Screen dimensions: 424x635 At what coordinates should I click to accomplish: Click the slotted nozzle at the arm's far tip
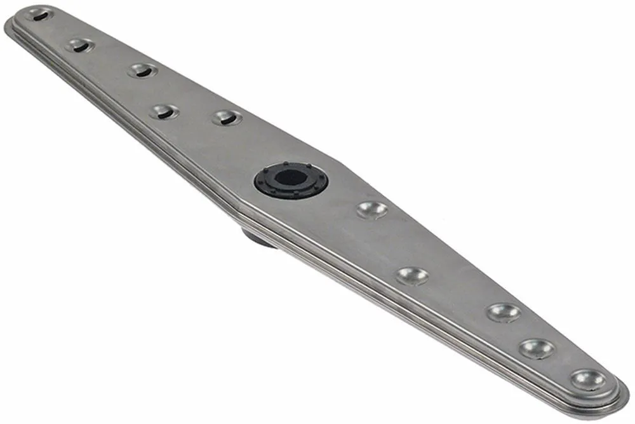[39, 14]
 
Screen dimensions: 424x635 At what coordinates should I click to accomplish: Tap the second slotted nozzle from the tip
[80, 45]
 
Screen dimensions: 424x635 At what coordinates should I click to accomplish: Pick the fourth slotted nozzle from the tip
[164, 112]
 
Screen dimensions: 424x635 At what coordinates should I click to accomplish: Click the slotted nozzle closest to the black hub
[227, 118]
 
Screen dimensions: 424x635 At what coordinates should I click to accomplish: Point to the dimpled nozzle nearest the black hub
[371, 210]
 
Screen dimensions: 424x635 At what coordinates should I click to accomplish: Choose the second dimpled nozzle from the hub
[412, 275]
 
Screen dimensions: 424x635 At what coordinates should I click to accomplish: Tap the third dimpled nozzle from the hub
[504, 312]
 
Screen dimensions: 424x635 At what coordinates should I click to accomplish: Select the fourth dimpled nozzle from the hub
[537, 348]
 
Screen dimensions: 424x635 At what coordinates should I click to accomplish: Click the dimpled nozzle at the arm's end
[587, 380]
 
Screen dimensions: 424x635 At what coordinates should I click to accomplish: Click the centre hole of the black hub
[290, 176]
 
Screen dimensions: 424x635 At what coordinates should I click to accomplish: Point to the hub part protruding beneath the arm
[257, 238]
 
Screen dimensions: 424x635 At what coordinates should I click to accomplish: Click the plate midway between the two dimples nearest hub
[392, 243]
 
